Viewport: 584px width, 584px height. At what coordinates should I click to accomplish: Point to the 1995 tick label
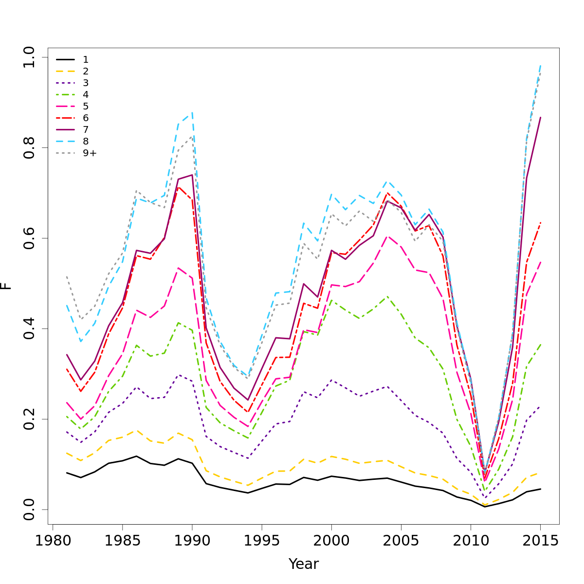pyautogui.click(x=262, y=541)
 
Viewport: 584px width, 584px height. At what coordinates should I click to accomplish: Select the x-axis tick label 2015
pyautogui.click(x=540, y=541)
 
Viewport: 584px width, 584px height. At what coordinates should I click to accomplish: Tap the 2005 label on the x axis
pyautogui.click(x=401, y=541)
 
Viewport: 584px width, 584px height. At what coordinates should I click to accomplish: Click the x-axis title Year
pyautogui.click(x=304, y=564)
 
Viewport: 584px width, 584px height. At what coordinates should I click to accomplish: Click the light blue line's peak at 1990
pyautogui.click(x=192, y=113)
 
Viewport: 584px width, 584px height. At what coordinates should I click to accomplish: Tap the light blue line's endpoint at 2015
pyautogui.click(x=540, y=65)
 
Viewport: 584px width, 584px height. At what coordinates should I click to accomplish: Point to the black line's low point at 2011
pyautogui.click(x=485, y=507)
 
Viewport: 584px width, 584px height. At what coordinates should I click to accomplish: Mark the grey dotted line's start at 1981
pyautogui.click(x=67, y=276)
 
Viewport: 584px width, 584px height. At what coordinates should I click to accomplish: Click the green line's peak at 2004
pyautogui.click(x=387, y=296)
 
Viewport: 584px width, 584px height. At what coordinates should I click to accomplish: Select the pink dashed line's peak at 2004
pyautogui.click(x=387, y=236)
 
